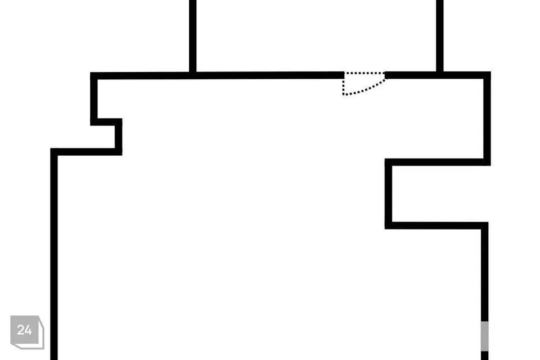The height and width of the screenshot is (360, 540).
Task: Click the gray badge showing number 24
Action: [x=27, y=332]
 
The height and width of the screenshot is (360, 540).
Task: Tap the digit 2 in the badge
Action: [x=20, y=330]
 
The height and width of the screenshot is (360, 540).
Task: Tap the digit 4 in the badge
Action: [x=28, y=330]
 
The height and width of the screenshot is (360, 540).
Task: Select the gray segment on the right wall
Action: [x=484, y=336]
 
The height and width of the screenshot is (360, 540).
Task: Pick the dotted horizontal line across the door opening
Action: [x=364, y=73]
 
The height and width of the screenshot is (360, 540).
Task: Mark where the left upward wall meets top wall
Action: [x=193, y=75]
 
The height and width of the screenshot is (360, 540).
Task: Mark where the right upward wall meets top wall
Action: [x=440, y=75]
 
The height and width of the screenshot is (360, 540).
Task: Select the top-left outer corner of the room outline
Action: [x=91, y=73]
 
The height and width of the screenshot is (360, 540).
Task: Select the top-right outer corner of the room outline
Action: [x=490, y=72]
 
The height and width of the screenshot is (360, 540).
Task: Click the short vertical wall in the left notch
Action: [x=119, y=137]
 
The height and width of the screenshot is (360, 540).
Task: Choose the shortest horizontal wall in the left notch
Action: [x=106, y=122]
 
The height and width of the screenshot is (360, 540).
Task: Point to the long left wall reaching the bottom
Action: [x=54, y=254]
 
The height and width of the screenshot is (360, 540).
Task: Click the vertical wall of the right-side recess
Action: [x=389, y=194]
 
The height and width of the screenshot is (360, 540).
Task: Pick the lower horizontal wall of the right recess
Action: [x=436, y=226]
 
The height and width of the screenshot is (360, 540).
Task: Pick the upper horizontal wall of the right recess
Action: [x=438, y=162]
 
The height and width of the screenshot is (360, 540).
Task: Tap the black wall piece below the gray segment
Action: [x=484, y=355]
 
